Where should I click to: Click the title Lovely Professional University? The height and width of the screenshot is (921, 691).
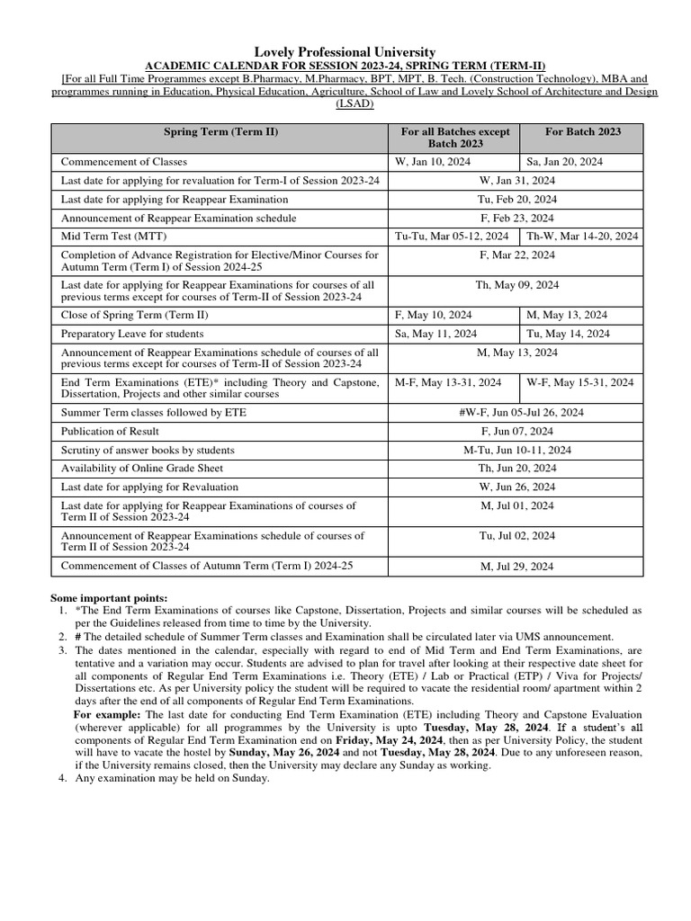point(345,53)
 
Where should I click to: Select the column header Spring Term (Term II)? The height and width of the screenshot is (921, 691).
point(220,131)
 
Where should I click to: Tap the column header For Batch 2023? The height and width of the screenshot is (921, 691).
point(582,131)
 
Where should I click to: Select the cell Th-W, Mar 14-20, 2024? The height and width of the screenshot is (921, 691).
point(582,237)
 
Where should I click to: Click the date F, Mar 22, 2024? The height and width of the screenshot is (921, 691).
point(517,255)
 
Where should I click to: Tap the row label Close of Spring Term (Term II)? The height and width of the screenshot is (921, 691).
point(134,315)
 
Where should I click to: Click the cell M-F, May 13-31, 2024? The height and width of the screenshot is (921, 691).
point(448,382)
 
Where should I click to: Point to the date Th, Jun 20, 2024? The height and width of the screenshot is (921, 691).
point(517,469)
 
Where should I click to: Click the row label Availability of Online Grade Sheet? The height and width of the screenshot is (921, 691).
point(142,469)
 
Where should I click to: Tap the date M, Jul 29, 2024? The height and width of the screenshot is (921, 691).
point(517,567)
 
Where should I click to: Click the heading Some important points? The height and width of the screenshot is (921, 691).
point(109,598)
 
